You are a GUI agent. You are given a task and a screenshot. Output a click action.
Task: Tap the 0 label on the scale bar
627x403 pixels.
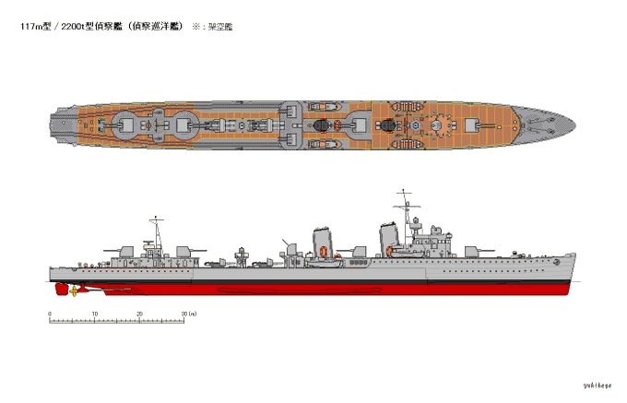(50, 314)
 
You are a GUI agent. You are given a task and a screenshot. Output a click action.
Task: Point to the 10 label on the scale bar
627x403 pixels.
(95, 314)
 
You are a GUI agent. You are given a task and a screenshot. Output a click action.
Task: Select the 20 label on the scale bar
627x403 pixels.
(140, 314)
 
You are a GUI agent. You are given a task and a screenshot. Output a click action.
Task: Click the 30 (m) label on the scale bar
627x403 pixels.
(189, 314)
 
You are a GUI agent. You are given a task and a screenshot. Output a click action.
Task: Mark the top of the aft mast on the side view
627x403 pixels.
(156, 218)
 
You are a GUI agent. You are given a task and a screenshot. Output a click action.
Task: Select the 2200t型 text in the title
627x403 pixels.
(82, 27)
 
